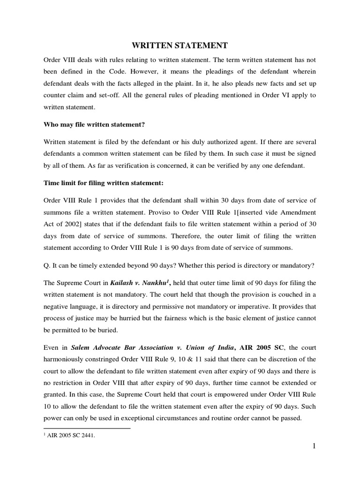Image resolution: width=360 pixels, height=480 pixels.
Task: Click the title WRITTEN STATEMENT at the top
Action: click(x=179, y=45)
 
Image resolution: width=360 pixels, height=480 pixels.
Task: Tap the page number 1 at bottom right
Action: click(x=314, y=446)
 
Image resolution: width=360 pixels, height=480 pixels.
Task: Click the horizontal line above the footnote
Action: click(x=87, y=428)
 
